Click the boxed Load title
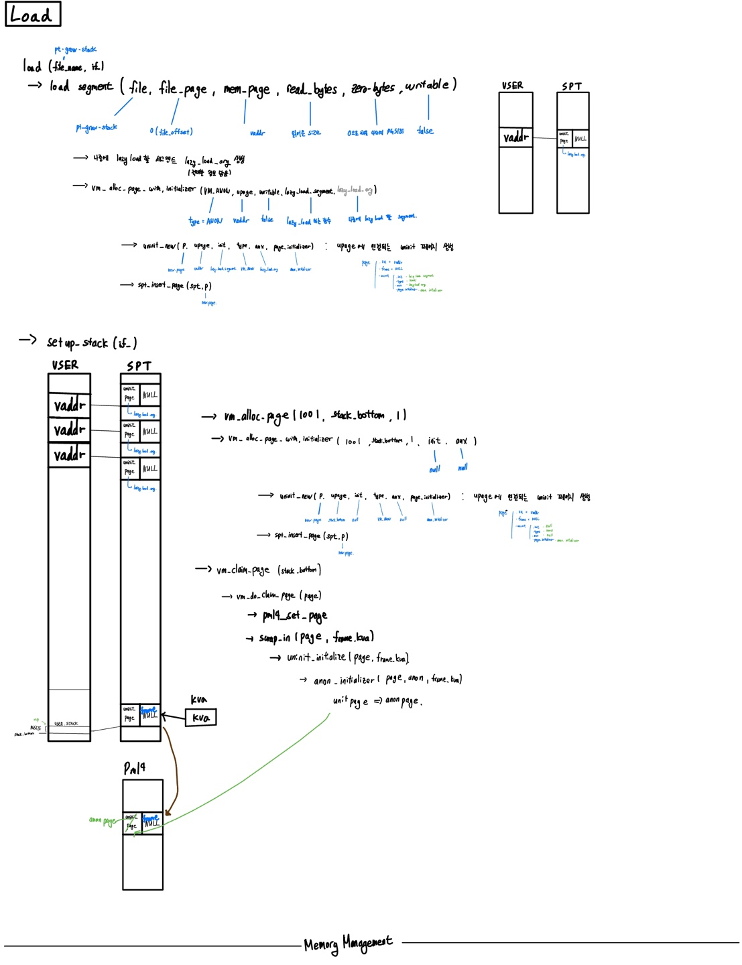(32, 14)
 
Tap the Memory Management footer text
(348, 944)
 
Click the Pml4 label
(134, 768)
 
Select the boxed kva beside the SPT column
(200, 718)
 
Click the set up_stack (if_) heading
(92, 342)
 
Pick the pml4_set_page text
(295, 615)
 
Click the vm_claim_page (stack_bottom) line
(268, 570)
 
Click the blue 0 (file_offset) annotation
(171, 131)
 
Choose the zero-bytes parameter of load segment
(373, 88)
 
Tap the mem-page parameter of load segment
(247, 89)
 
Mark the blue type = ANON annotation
(205, 220)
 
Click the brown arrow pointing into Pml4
(174, 771)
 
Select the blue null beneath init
(434, 469)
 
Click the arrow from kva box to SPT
(173, 718)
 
